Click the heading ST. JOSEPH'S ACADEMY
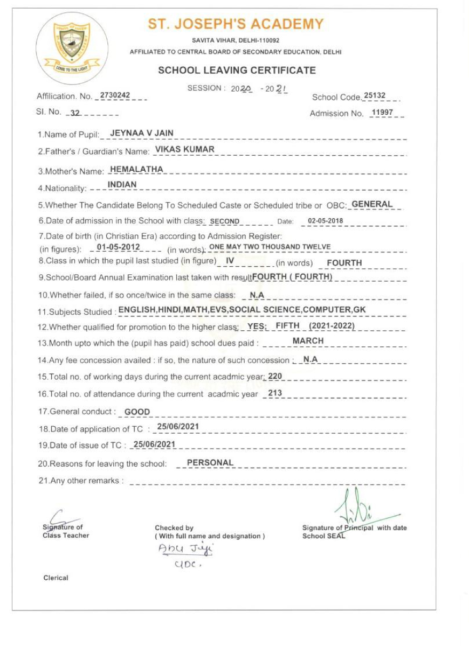pyautogui.click(x=236, y=24)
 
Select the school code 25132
pyautogui.click(x=375, y=96)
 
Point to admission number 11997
pyautogui.click(x=383, y=113)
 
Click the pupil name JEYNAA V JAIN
pyautogui.click(x=142, y=133)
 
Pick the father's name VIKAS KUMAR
pyautogui.click(x=184, y=149)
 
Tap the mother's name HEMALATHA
pyautogui.click(x=136, y=169)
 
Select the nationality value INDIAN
pyautogui.click(x=122, y=184)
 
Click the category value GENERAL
pyautogui.click(x=372, y=204)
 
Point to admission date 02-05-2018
pyautogui.click(x=325, y=221)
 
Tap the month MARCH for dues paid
pyautogui.click(x=308, y=341)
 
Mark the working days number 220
pyautogui.click(x=275, y=376)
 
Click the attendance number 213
pyautogui.click(x=275, y=393)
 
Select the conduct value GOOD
pyautogui.click(x=137, y=412)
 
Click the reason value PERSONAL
pyautogui.click(x=210, y=463)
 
